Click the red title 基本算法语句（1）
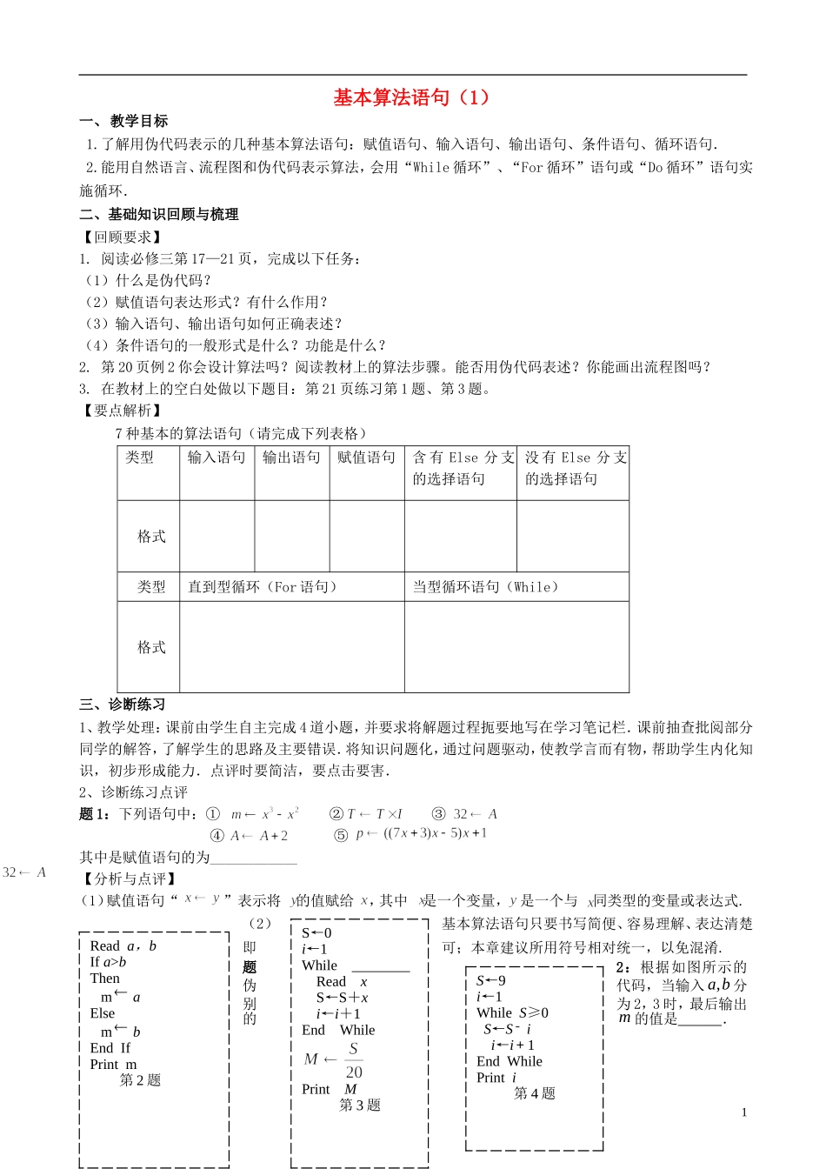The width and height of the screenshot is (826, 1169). coord(412,97)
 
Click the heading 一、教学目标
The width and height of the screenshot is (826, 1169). coord(123,121)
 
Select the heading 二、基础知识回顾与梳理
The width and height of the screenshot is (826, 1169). coord(159,214)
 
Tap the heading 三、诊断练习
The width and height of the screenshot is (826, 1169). coord(123,705)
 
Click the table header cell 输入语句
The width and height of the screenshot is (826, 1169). coord(216,458)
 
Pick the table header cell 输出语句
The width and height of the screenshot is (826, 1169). coord(291,458)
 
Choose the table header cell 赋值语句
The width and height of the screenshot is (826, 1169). coord(366,458)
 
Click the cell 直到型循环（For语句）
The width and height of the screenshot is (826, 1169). coord(263,587)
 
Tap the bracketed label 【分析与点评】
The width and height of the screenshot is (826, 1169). coord(129,878)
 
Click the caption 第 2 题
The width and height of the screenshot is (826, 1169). coord(140,1080)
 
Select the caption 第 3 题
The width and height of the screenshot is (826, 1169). coord(360,1106)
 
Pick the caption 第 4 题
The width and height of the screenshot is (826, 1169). coord(534,1093)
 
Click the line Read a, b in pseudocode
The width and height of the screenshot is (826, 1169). coord(123,946)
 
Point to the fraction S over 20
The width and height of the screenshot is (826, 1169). coord(354,1060)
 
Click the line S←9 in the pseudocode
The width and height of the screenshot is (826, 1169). coord(491,981)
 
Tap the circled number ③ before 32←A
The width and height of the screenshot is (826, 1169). coord(439,814)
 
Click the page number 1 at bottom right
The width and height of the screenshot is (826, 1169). coord(744,1112)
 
